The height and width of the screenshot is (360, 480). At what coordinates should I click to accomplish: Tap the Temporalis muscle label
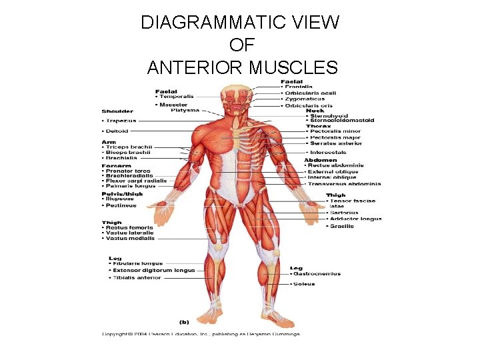pos(175,97)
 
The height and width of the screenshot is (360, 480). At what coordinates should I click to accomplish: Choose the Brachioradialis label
pos(130,176)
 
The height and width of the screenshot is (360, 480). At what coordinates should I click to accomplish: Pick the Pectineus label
pos(121,205)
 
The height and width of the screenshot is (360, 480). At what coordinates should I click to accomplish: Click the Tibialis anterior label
pos(137,277)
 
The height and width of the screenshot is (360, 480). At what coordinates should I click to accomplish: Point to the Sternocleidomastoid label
pos(340,120)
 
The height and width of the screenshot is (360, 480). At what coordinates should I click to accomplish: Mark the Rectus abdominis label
pos(336,165)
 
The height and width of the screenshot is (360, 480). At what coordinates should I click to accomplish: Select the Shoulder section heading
pos(117,111)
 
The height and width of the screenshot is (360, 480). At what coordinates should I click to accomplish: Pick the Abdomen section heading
pos(321,159)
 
